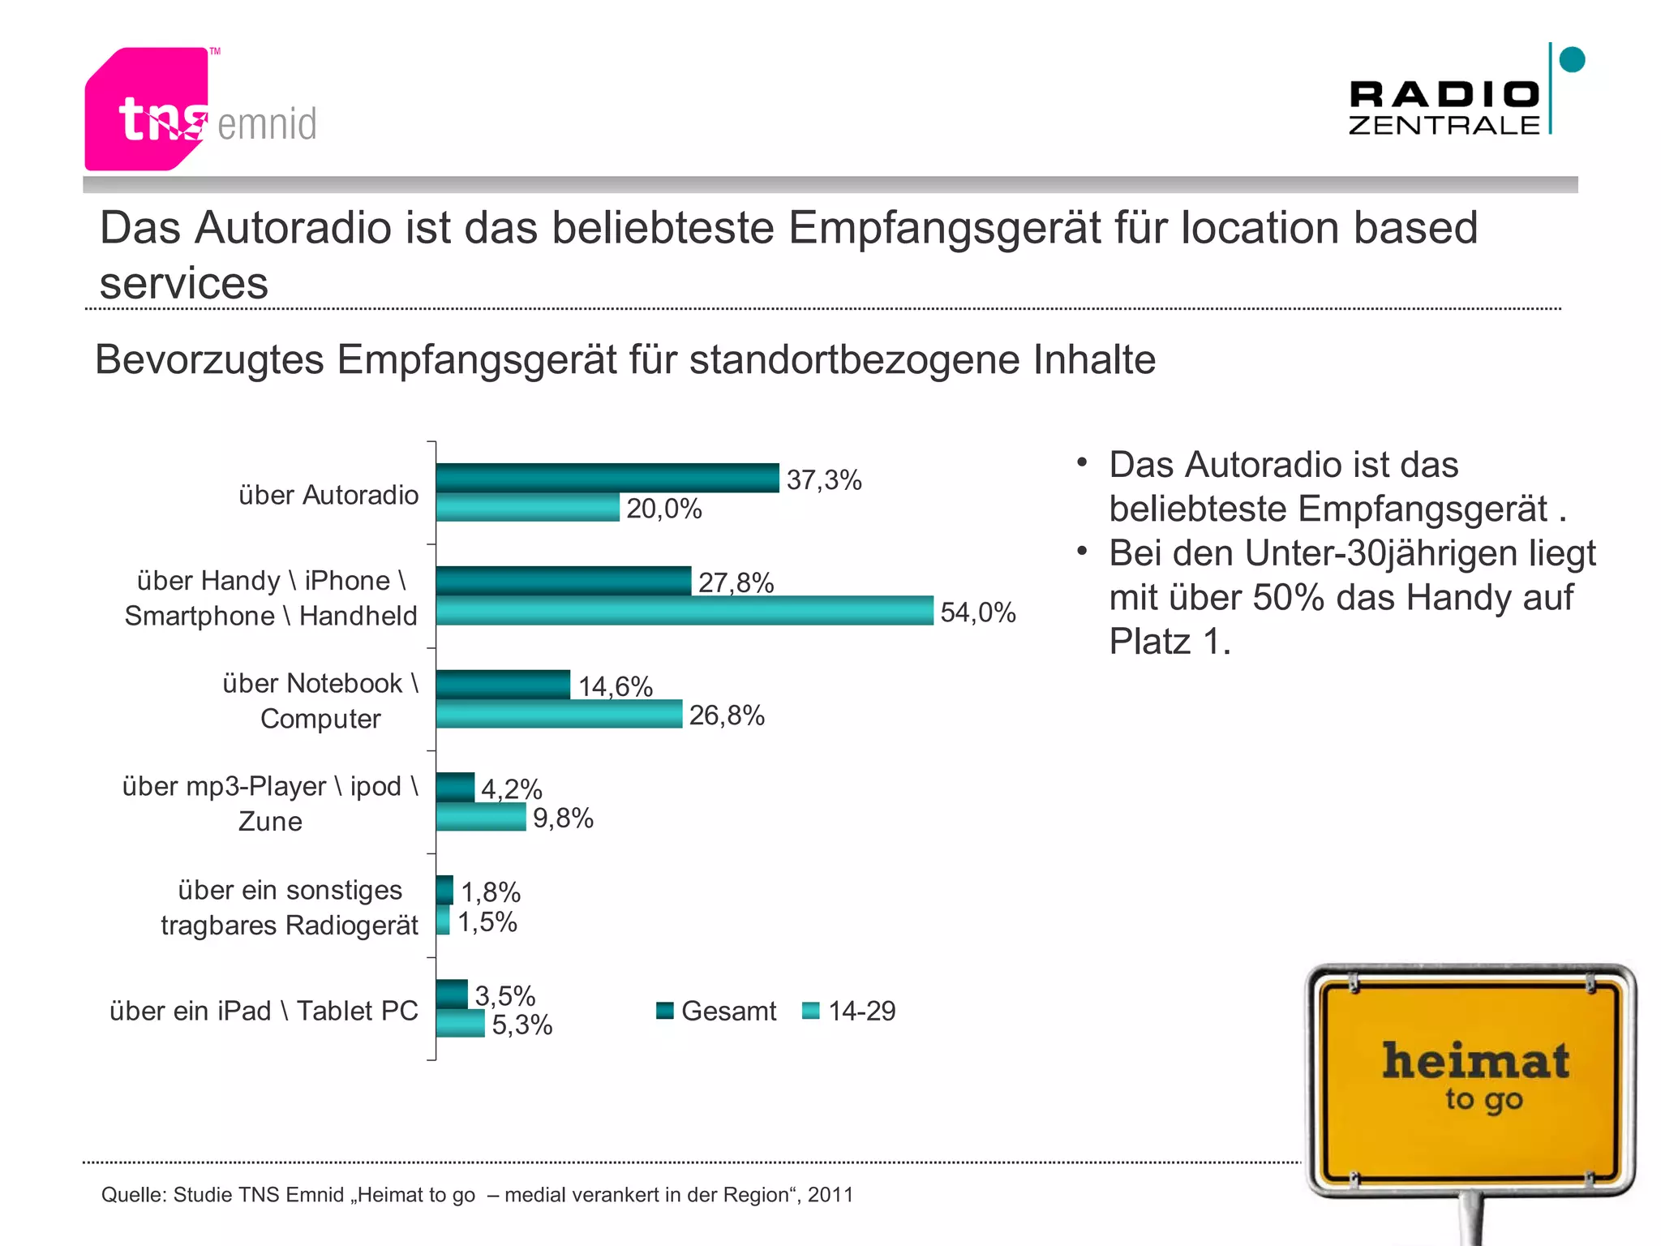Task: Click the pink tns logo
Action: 146,110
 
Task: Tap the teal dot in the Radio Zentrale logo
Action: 1572,60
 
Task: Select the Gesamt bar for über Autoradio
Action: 607,478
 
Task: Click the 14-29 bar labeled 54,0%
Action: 684,611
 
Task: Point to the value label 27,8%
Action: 736,582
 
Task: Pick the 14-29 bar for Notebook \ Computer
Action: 559,714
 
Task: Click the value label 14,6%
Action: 615,686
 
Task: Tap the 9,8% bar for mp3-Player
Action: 481,817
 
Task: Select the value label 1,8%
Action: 491,892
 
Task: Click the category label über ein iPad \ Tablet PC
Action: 264,1011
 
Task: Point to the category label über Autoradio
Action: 328,495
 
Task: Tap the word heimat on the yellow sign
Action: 1475,1061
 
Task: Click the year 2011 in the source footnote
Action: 830,1195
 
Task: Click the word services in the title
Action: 183,283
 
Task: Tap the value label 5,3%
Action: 521,1025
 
